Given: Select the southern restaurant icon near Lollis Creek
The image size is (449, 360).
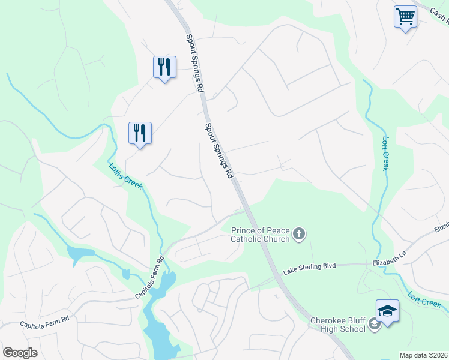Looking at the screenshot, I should [140, 132].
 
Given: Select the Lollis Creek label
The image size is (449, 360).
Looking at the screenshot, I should [125, 175].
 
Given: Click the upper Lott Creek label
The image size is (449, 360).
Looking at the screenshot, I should [385, 154].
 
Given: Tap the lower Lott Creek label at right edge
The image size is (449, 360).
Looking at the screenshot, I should [424, 299].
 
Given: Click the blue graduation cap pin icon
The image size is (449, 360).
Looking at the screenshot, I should [387, 311].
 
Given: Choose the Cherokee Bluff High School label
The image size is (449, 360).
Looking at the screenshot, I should [337, 325].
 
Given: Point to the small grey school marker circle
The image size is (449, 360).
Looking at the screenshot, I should [375, 325].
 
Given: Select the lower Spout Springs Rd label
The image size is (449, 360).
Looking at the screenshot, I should [218, 151].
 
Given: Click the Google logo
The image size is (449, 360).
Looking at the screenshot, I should [20, 353].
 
